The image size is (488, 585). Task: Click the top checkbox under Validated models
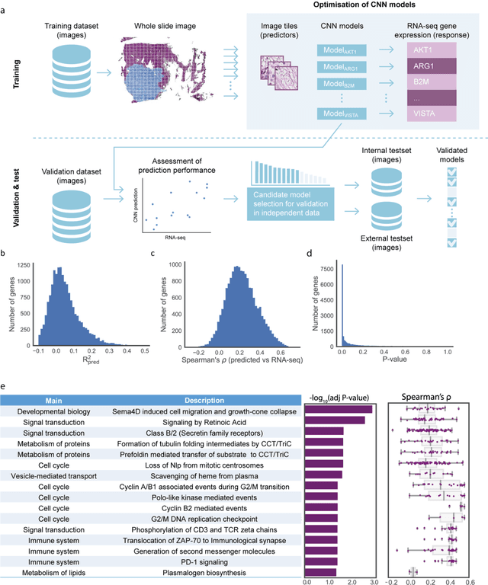point(449,174)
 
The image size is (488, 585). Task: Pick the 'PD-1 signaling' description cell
point(207,560)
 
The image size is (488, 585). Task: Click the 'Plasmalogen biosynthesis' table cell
point(207,572)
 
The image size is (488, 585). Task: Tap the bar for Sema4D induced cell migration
point(339,410)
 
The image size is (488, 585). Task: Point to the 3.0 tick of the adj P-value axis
point(371,581)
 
